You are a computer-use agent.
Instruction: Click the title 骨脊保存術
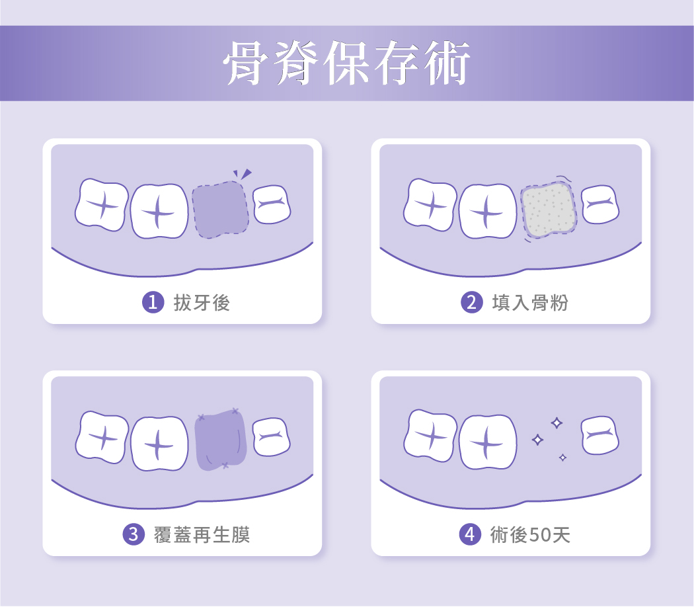[346, 63]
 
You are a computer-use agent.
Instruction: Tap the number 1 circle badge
[153, 302]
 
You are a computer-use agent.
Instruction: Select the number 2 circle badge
[472, 302]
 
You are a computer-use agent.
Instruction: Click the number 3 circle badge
[134, 534]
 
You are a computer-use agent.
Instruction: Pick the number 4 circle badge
[470, 534]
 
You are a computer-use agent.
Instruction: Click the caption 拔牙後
[202, 303]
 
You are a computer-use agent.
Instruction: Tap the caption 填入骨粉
[530, 303]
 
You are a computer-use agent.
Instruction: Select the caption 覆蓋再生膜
[202, 535]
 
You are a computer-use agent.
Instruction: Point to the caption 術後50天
[530, 535]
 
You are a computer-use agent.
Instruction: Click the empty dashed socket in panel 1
[220, 210]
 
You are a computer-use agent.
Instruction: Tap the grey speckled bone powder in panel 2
[549, 210]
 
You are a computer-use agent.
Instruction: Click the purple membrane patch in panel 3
[220, 440]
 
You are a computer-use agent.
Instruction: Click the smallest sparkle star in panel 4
[562, 458]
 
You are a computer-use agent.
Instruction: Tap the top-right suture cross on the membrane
[235, 411]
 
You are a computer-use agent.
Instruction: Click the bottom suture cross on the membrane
[225, 465]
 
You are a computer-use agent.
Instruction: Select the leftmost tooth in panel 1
[102, 205]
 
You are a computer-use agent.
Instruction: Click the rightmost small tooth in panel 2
[600, 204]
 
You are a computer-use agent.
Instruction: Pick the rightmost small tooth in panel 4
[600, 435]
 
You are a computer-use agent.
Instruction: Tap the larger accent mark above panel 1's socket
[246, 173]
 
